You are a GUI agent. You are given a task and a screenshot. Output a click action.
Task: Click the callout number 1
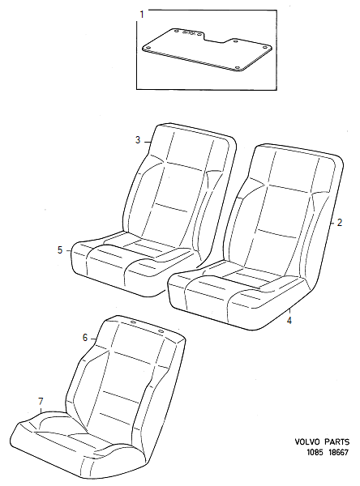point(142,15)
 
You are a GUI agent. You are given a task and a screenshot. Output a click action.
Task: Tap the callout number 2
point(341,221)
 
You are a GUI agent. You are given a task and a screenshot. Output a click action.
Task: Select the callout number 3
point(138,140)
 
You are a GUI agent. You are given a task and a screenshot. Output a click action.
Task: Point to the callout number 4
point(289,321)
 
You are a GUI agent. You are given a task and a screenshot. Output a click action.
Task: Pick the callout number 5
point(60,250)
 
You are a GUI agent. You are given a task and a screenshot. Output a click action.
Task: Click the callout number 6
point(84,337)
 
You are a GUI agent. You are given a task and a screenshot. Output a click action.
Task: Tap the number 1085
point(306,456)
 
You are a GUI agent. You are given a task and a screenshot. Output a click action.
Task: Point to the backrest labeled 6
point(130,373)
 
